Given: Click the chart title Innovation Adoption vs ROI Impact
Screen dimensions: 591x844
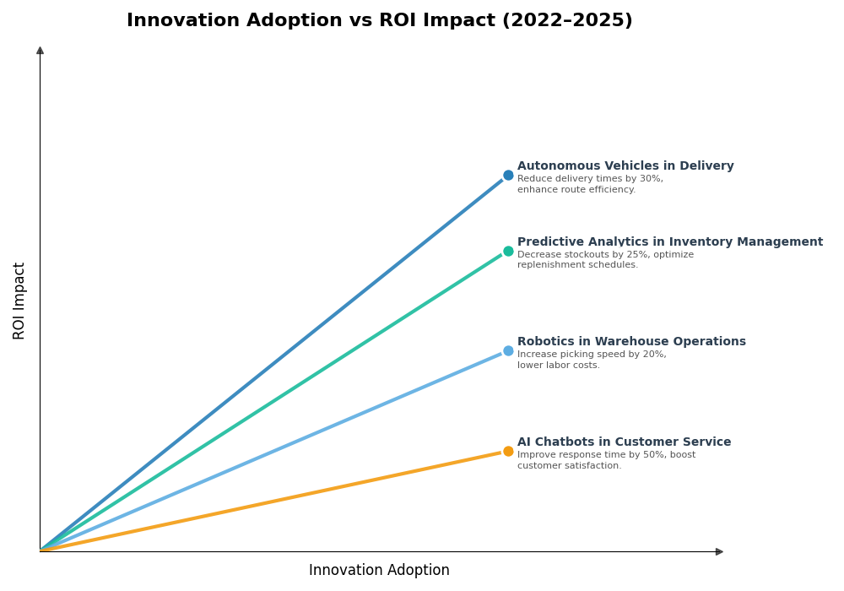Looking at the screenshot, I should coord(379,21).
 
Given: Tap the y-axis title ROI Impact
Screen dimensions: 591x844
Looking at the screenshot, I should coord(19,301).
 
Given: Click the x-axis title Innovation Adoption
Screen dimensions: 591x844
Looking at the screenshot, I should coord(379,571).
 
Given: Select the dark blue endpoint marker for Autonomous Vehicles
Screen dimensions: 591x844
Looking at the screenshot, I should coord(508,176).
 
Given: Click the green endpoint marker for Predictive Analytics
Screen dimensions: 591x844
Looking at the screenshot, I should coord(508,252).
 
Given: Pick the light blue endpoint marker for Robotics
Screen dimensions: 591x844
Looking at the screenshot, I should coord(508,351).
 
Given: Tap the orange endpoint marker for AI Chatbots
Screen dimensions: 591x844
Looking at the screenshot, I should coord(508,452).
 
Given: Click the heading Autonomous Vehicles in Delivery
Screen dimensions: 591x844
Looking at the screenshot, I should coord(625,166).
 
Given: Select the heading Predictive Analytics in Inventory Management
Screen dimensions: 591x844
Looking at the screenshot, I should coord(669,242).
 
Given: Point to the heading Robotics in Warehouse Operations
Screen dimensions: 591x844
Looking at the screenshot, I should coord(631,342).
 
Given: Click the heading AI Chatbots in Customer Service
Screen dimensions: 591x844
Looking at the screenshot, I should coord(624,442).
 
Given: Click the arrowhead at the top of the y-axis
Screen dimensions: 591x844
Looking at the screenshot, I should coord(40,51).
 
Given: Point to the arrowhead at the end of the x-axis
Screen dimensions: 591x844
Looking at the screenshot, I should coord(719,552).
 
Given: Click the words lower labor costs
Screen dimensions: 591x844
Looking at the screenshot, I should coord(558,366).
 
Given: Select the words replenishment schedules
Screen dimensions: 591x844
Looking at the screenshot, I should coord(576,265).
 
